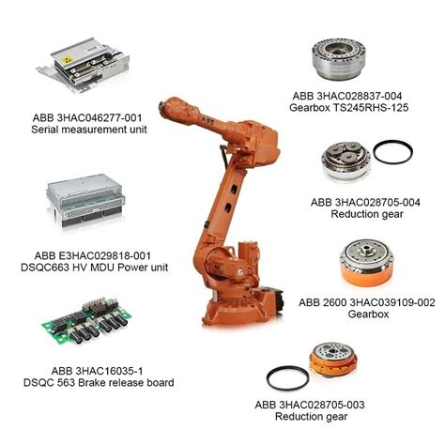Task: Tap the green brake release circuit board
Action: coord(88,324)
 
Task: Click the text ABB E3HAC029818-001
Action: coord(86,254)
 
